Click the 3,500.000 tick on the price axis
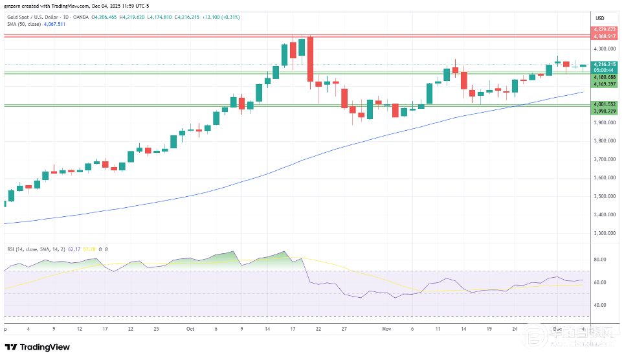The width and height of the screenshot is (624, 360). [x=603, y=196]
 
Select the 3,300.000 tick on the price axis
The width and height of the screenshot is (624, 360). [x=603, y=233]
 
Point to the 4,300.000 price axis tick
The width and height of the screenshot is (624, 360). [x=603, y=49]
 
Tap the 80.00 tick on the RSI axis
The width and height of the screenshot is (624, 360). [x=599, y=259]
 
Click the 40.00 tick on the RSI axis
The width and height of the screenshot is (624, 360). [x=599, y=305]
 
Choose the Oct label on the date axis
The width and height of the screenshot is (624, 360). [x=190, y=329]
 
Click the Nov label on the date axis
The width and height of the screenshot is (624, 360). [x=386, y=329]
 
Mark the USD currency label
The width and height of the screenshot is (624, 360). [x=599, y=17]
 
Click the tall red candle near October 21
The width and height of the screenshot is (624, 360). [x=310, y=60]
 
